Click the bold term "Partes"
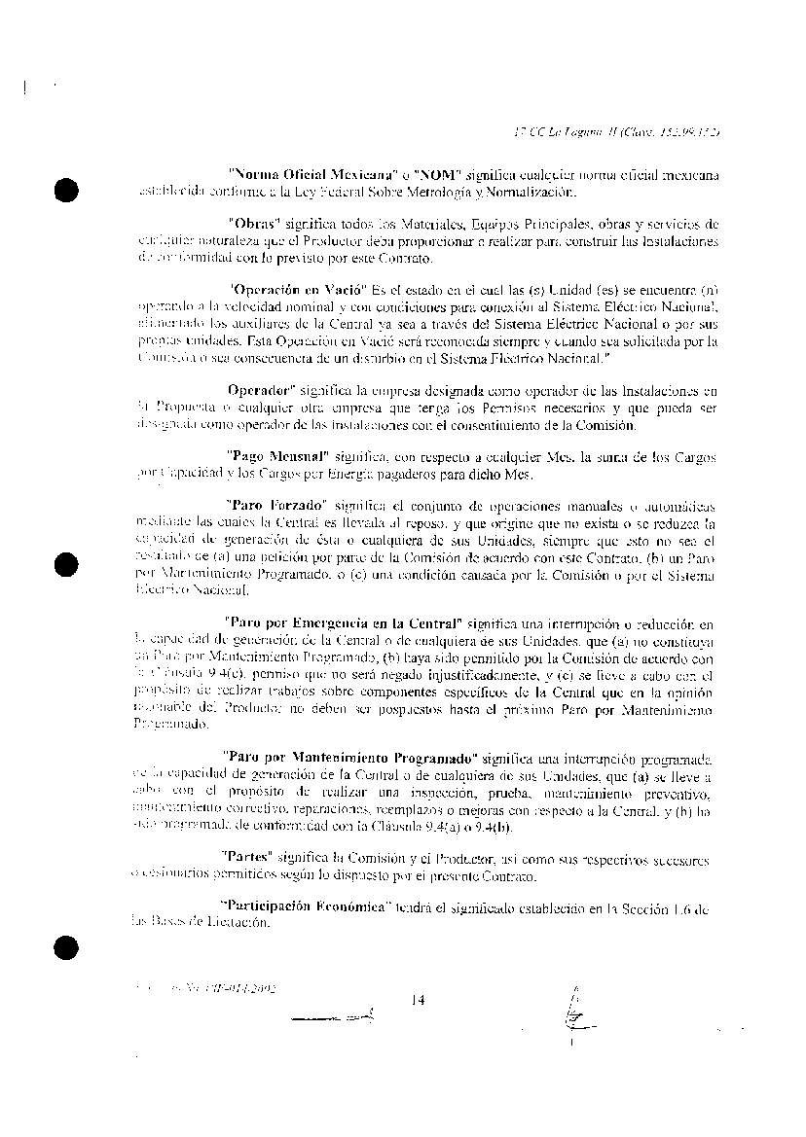pyautogui.click(x=252, y=859)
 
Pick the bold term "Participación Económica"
pyautogui.click(x=307, y=907)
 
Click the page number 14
pyautogui.click(x=419, y=998)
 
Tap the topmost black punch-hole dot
pyautogui.click(x=66, y=191)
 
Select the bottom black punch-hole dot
pyautogui.click(x=66, y=945)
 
